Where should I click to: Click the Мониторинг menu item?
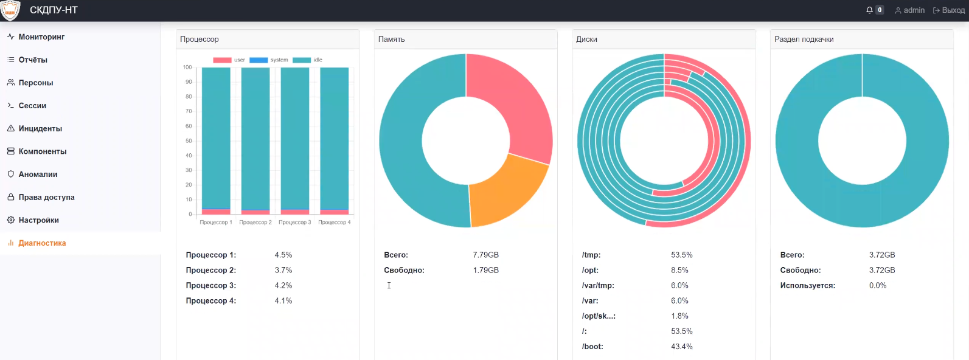41,37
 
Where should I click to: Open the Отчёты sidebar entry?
33,60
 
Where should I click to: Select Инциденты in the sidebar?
40,129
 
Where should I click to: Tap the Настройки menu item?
38,220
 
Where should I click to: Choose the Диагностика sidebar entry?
42,243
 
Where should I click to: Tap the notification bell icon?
870,10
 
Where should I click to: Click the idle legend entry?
309,60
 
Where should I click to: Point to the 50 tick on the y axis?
188,141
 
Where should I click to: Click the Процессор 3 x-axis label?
295,223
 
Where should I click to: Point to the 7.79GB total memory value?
485,255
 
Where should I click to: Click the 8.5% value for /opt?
679,271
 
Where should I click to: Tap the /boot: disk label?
592,347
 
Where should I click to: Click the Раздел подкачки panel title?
804,40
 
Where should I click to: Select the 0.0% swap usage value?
878,286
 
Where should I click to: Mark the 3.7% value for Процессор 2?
283,271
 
